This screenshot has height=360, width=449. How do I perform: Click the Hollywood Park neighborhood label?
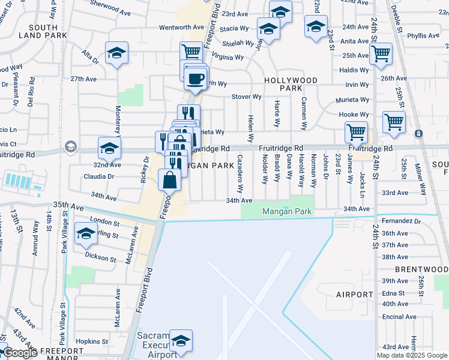pyautogui.click(x=291, y=84)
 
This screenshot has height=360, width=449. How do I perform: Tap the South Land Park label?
pyautogui.click(x=42, y=31)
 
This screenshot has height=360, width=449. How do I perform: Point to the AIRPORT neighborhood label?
pyautogui.click(x=355, y=295)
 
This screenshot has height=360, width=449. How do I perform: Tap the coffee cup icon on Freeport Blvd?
pyautogui.click(x=194, y=78)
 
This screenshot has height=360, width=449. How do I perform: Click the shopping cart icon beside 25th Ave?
pyautogui.click(x=381, y=53)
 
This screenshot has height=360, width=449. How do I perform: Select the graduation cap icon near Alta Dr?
pyautogui.click(x=117, y=53)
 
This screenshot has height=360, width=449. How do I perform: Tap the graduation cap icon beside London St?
pyautogui.click(x=86, y=234)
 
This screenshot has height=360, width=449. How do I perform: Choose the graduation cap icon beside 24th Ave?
pyautogui.click(x=316, y=26)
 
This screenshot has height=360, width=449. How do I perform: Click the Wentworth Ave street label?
pyautogui.click(x=182, y=28)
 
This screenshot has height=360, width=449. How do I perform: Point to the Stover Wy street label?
pyautogui.click(x=247, y=97)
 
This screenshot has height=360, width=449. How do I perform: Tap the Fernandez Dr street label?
pyautogui.click(x=401, y=221)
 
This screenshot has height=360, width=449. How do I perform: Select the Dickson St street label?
pyautogui.click(x=100, y=259)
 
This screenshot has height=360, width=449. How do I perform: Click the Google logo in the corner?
pyautogui.click(x=20, y=353)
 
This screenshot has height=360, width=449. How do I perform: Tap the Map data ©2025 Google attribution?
pyautogui.click(x=411, y=355)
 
